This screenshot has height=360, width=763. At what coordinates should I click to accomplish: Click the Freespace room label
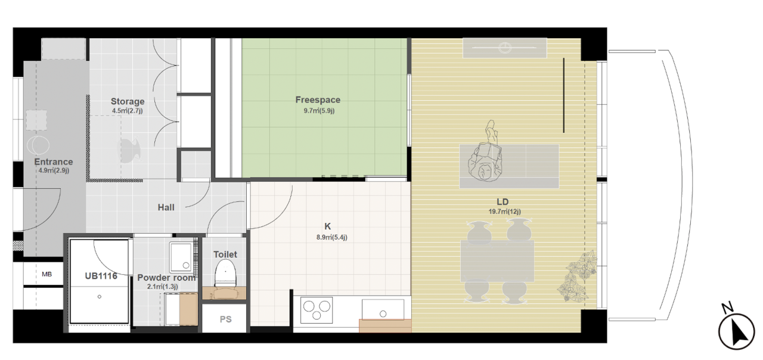(x=318, y=100)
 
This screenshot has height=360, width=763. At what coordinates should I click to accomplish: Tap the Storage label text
(x=128, y=101)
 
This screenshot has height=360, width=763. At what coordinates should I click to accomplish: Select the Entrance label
(x=54, y=162)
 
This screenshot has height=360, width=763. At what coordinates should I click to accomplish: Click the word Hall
(x=166, y=207)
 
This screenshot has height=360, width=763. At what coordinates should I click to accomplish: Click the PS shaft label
(x=225, y=319)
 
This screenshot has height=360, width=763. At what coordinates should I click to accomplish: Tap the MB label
(x=46, y=274)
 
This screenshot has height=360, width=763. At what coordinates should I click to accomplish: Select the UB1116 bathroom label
(x=101, y=276)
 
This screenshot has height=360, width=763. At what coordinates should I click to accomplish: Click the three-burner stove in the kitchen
(x=317, y=311)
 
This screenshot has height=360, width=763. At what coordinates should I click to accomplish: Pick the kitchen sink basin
(x=383, y=309)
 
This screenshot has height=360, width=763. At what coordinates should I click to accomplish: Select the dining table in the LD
(x=497, y=261)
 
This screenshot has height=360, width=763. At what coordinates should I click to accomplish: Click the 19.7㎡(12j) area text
(x=504, y=212)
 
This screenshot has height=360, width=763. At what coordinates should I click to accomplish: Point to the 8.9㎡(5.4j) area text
(x=331, y=237)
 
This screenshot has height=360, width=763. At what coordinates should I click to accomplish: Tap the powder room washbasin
(x=181, y=256)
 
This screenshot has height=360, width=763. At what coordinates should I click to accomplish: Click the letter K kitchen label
(x=327, y=226)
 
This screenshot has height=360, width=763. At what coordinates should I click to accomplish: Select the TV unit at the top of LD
(x=504, y=48)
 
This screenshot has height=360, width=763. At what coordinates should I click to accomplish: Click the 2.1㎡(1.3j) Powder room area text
(x=163, y=287)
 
